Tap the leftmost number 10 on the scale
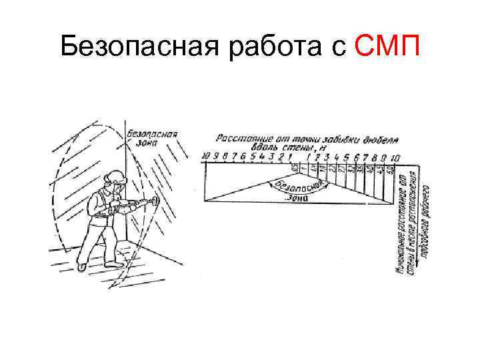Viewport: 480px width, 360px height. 205,156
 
